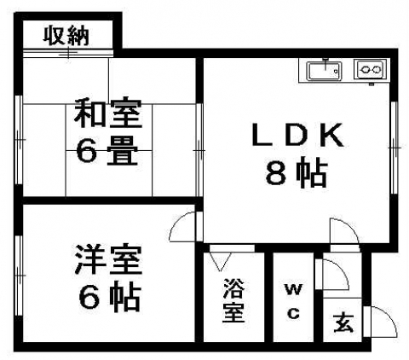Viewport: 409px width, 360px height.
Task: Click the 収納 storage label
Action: click(66, 37)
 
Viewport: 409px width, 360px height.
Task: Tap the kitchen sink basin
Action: click(324, 71)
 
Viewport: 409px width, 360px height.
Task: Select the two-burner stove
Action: click(370, 69)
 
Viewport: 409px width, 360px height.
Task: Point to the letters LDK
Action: click(297, 135)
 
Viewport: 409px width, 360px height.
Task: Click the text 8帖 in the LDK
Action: click(297, 172)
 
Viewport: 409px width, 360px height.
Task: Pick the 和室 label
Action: click(107, 113)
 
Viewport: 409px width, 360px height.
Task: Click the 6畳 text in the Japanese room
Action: click(107, 151)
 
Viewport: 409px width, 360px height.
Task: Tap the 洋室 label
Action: click(108, 260)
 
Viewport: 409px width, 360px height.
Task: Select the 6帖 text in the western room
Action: click(110, 298)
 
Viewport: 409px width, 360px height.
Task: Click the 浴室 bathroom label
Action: click(233, 300)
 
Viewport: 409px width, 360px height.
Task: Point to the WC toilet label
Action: click(293, 301)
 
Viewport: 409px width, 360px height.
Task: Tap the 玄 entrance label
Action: click(343, 322)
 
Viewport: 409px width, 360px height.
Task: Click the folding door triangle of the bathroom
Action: click(221, 261)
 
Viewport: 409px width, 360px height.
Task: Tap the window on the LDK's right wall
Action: click(394, 148)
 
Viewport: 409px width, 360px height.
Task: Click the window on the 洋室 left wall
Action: click(19, 276)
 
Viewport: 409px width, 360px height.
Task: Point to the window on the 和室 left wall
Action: click(19, 140)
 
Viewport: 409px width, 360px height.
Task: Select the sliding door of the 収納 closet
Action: click(68, 53)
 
